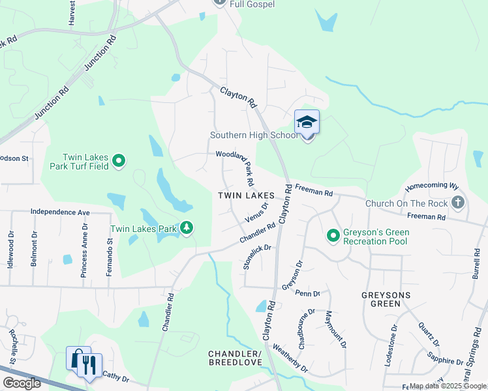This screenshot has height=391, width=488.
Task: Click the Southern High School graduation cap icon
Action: click(x=307, y=122)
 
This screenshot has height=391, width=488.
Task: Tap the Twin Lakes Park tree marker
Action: click(x=187, y=227)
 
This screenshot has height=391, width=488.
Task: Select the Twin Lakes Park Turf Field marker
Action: click(x=119, y=160)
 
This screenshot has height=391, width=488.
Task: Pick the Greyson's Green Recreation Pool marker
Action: click(x=333, y=235)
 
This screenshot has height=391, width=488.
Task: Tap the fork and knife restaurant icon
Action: click(x=90, y=363)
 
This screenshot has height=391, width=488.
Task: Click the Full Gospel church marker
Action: click(x=219, y=2)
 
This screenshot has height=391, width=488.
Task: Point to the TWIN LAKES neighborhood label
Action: click(x=246, y=195)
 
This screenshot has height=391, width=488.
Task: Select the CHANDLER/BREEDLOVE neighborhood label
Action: click(x=235, y=358)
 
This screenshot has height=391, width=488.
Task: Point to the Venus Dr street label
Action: click(x=256, y=211)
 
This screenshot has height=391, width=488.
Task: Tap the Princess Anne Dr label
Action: click(x=84, y=250)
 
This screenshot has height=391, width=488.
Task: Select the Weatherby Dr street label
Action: click(x=290, y=358)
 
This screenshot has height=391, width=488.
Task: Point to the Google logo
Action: click(x=22, y=383)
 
